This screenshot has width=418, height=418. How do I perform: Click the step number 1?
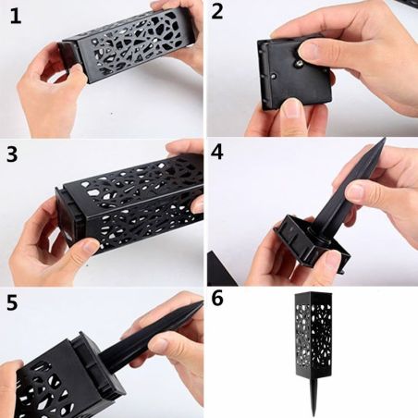point(15,17)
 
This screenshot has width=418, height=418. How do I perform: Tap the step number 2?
point(217,12)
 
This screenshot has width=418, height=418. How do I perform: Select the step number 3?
point(12,154)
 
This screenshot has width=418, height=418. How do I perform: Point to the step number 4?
point(217,152)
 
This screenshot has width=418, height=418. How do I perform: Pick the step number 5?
point(12,303)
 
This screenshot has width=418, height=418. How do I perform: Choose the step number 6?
point(217,298)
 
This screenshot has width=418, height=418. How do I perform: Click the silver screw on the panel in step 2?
point(299,64)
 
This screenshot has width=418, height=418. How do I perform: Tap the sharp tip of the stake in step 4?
point(385,140)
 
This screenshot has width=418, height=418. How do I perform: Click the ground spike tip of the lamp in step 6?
point(313,414)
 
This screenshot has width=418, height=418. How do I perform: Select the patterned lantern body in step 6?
point(313,335)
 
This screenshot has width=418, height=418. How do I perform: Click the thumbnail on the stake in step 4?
point(355,191)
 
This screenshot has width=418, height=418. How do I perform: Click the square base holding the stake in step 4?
point(312,243)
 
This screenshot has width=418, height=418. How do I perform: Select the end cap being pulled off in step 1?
point(68,57)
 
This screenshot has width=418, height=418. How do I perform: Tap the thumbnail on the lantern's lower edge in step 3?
point(90,246)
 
